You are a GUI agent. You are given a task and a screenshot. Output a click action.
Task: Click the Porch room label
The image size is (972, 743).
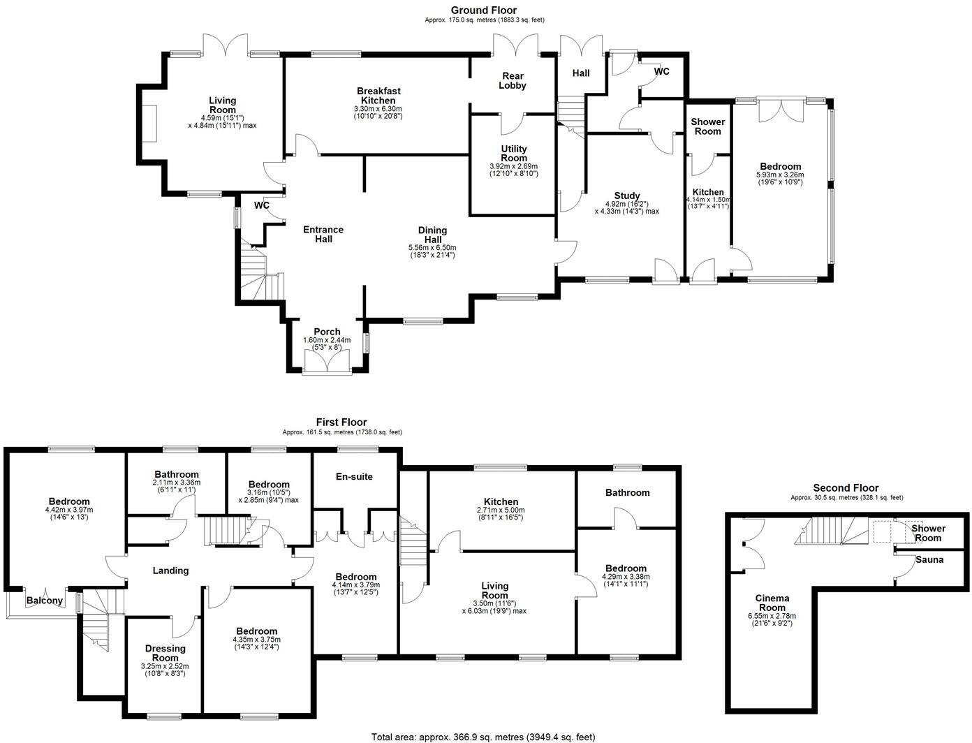[327, 332]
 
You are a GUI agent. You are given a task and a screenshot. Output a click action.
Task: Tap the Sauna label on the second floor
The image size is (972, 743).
[929, 559]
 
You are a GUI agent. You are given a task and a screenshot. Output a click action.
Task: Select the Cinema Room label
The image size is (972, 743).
[772, 603]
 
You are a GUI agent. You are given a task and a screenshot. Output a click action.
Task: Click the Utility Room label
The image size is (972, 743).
[514, 153]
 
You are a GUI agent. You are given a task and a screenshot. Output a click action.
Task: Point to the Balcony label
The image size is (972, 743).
[45, 601]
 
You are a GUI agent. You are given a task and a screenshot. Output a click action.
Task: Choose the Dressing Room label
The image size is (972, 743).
[165, 653]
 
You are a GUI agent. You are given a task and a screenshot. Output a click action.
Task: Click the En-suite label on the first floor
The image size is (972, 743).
[355, 476]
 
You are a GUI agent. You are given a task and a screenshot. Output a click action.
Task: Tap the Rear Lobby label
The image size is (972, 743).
[513, 80]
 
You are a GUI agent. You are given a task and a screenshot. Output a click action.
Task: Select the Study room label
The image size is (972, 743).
[627, 196]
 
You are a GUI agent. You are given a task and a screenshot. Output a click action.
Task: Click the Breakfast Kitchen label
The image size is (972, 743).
[378, 96]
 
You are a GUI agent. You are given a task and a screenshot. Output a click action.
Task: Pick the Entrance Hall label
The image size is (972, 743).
[323, 234]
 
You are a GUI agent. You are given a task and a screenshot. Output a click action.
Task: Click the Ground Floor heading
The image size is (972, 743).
[484, 10]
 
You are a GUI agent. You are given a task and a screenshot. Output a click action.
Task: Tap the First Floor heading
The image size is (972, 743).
[341, 422]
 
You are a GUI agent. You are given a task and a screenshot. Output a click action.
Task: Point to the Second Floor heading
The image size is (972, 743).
[846, 487]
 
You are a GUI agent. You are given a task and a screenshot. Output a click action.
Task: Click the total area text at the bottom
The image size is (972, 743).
[483, 736]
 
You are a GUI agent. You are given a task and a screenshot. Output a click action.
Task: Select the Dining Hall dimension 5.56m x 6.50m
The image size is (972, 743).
[432, 247]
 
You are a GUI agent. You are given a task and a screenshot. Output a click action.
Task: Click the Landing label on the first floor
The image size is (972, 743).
[171, 571]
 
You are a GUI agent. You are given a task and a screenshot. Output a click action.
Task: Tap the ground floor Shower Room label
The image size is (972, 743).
[707, 126]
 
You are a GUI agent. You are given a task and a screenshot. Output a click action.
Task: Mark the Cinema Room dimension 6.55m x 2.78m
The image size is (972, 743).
[772, 616]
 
